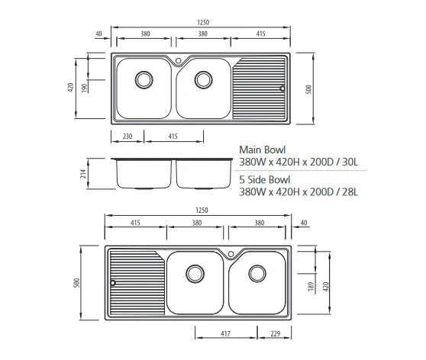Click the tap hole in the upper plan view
pyautogui.click(x=177, y=60)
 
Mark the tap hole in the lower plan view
pyautogui.click(x=231, y=253)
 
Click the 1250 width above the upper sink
pyautogui.click(x=201, y=24)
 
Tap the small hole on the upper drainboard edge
pyautogui.click(x=282, y=88)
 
